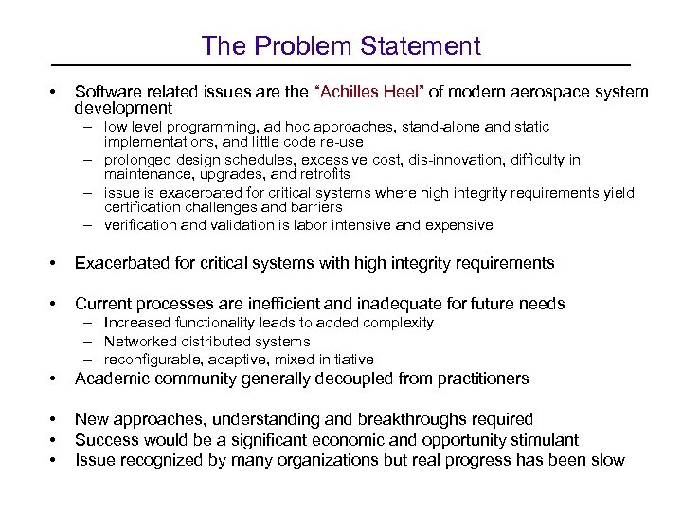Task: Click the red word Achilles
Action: (x=359, y=92)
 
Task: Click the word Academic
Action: (x=112, y=379)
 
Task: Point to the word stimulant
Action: (x=543, y=440)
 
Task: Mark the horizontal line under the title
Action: (x=341, y=65)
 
